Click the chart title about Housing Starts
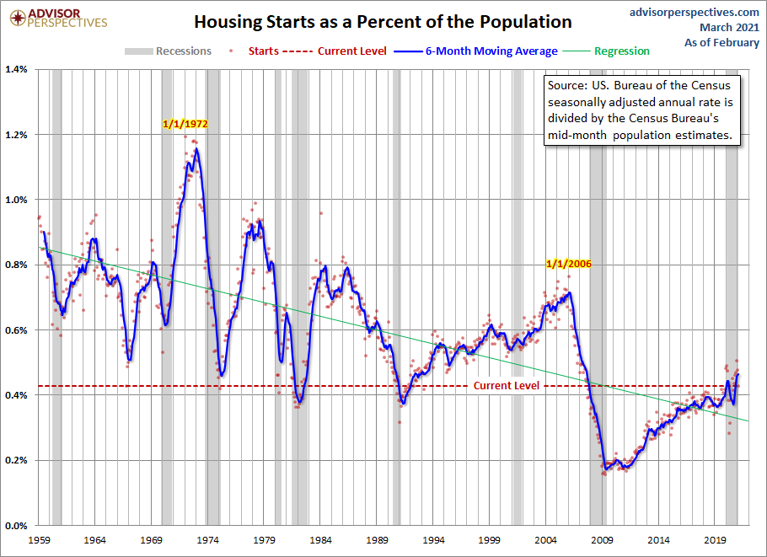click(383, 22)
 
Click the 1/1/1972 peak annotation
click(185, 124)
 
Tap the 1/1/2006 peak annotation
click(569, 264)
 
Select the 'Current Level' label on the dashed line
click(506, 385)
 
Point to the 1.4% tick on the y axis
click(17, 69)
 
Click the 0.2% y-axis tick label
click(17, 460)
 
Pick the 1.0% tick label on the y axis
click(17, 200)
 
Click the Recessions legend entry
click(172, 51)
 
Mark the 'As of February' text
click(721, 43)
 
